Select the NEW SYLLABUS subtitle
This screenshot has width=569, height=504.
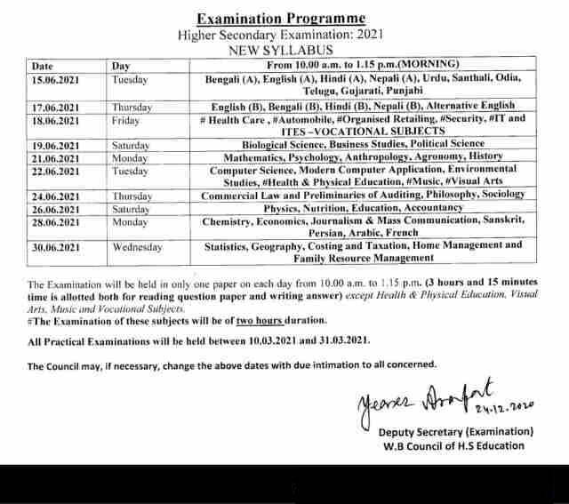[x=280, y=51]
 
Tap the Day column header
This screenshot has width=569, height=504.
[x=121, y=66]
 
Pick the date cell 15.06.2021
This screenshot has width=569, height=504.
[x=55, y=79]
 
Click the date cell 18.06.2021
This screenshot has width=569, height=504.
[x=55, y=119]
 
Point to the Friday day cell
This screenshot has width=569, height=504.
[x=126, y=119]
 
